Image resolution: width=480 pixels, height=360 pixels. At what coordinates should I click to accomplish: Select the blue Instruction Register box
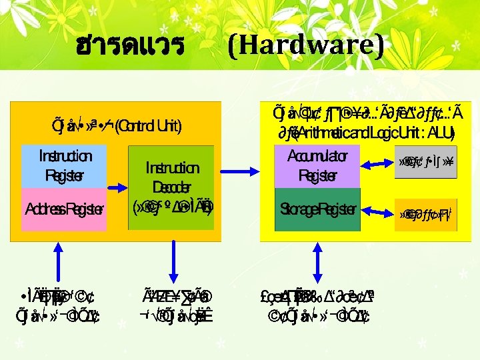coord(65,166)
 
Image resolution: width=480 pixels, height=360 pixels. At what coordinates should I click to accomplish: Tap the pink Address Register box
coord(65,209)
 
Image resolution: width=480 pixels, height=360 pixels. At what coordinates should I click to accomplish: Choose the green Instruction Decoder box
coord(171,187)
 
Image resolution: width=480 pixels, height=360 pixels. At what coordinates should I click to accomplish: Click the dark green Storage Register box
coord(317,209)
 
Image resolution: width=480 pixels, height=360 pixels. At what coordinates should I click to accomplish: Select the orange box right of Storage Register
coord(425,214)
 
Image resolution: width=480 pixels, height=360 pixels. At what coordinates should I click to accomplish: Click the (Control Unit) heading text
coord(147,125)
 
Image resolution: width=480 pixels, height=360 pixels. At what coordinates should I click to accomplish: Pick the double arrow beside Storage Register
coord(377,213)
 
